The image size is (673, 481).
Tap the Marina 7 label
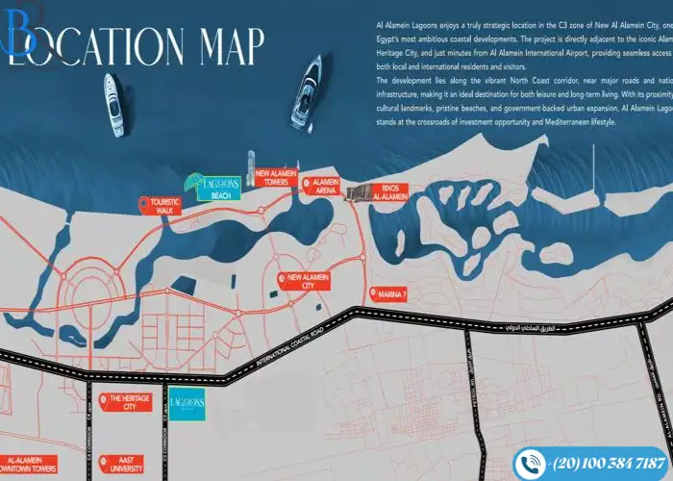pos(395,293)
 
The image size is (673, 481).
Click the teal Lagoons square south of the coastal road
pos(185,403)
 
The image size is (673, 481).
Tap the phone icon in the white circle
pos(529,463)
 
